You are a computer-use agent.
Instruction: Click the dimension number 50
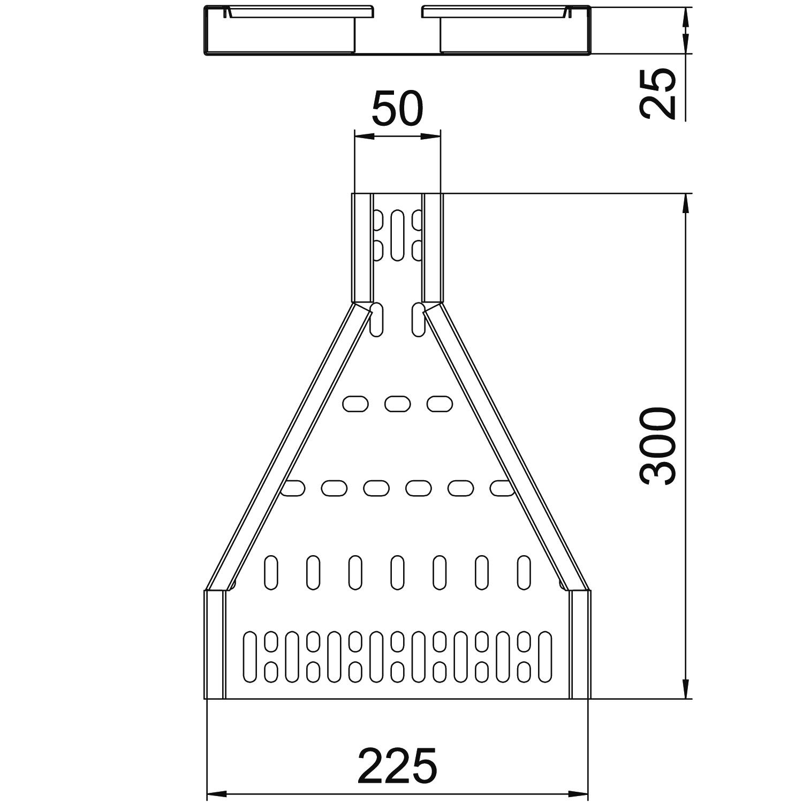397,109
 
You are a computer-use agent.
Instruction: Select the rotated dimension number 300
658,446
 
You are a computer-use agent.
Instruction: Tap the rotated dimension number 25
658,93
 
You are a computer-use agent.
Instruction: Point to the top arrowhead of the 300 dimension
686,203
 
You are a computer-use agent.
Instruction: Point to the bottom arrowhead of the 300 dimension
686,689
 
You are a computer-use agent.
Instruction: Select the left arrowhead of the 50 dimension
363,137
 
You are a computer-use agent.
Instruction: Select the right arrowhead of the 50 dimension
431,137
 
